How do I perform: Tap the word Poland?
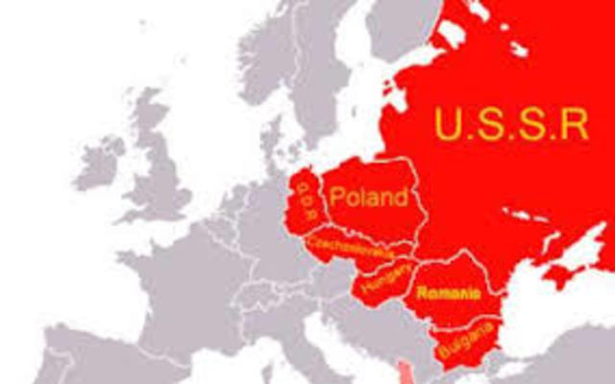pos(368,199)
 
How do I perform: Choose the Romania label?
pos(449,292)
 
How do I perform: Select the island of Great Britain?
pos(159,173)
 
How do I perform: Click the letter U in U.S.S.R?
pos(445,123)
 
